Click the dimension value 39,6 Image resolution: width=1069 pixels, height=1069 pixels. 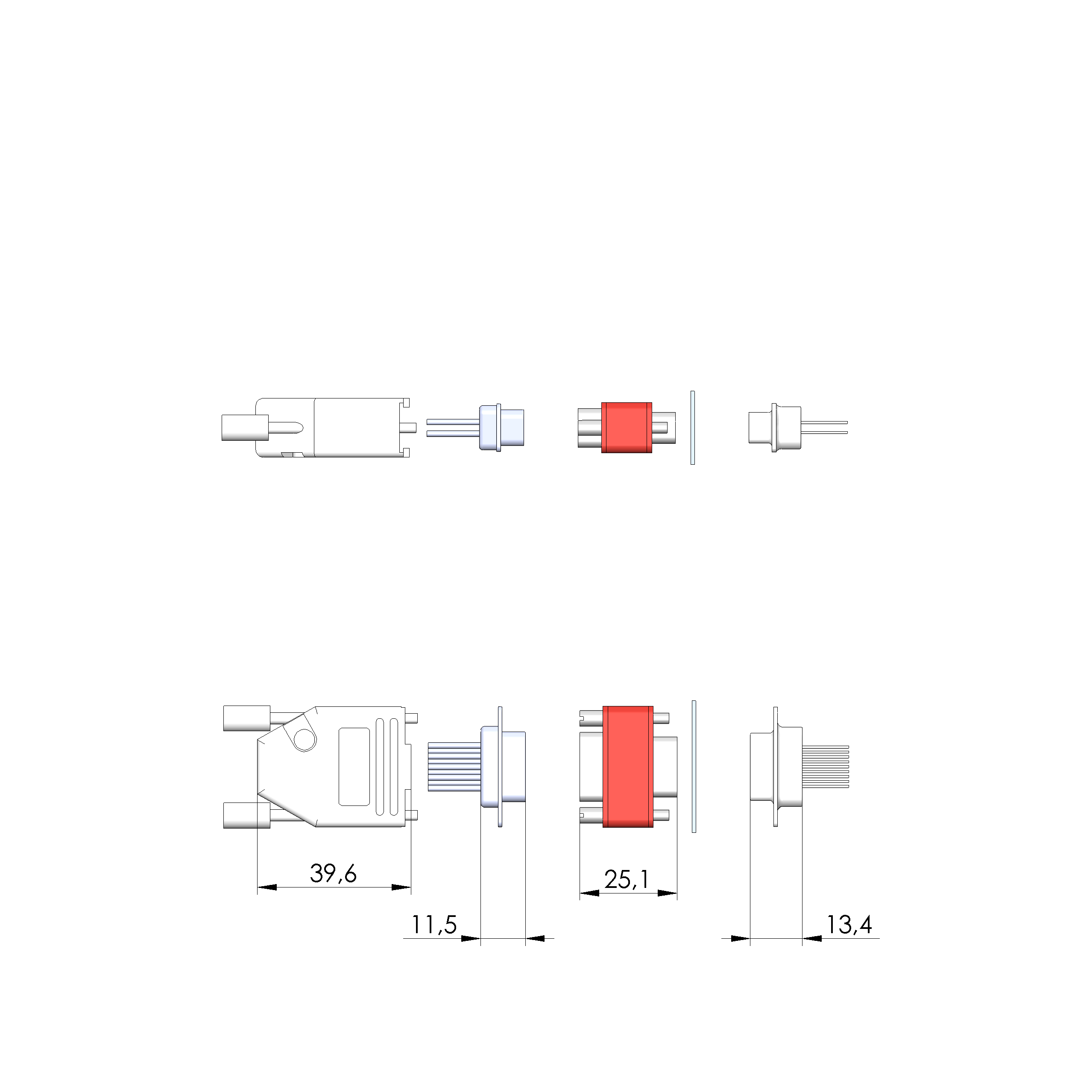(x=333, y=874)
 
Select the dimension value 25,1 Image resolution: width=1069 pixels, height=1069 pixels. (x=627, y=879)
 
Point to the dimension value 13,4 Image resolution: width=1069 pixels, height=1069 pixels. (x=849, y=925)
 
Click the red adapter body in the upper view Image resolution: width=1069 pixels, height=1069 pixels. (x=627, y=428)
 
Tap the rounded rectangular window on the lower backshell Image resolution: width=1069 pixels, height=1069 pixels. (x=354, y=767)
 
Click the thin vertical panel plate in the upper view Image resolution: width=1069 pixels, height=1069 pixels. (x=693, y=428)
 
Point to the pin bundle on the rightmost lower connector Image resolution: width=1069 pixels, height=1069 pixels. (x=825, y=767)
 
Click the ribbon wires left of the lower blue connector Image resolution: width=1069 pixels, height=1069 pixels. (x=454, y=767)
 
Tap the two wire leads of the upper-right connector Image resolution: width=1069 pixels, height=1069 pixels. (x=824, y=428)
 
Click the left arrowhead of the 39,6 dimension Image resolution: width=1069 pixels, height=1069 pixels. (x=267, y=887)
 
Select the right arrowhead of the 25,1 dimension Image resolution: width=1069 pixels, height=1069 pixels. (x=667, y=893)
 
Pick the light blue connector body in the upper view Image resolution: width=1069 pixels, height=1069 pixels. (x=502, y=428)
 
